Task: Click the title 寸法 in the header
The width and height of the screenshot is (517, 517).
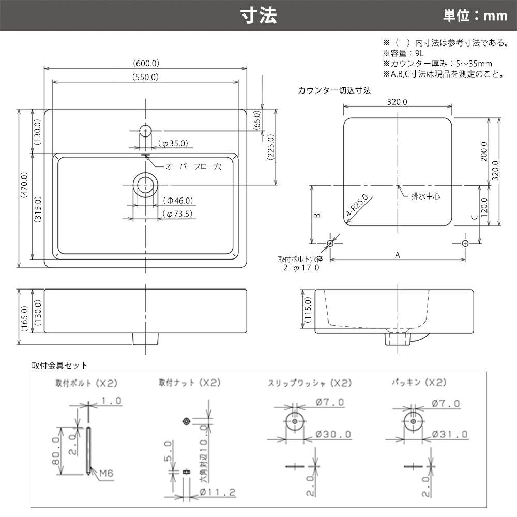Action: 258,16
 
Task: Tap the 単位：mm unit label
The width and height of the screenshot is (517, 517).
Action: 475,16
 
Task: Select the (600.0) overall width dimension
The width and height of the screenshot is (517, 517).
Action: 146,63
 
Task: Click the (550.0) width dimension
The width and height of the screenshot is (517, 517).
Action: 145,77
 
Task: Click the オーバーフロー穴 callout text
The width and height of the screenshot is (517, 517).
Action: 193,166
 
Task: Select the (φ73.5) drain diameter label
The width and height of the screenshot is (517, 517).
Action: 177,214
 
